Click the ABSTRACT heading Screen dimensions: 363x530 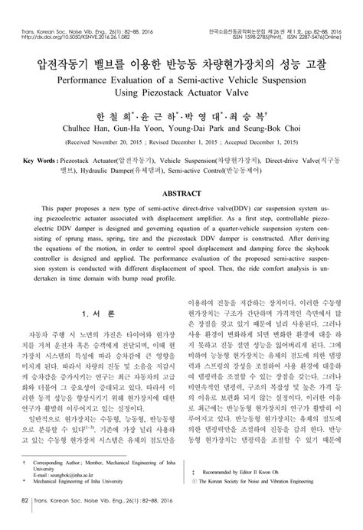[181, 194]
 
